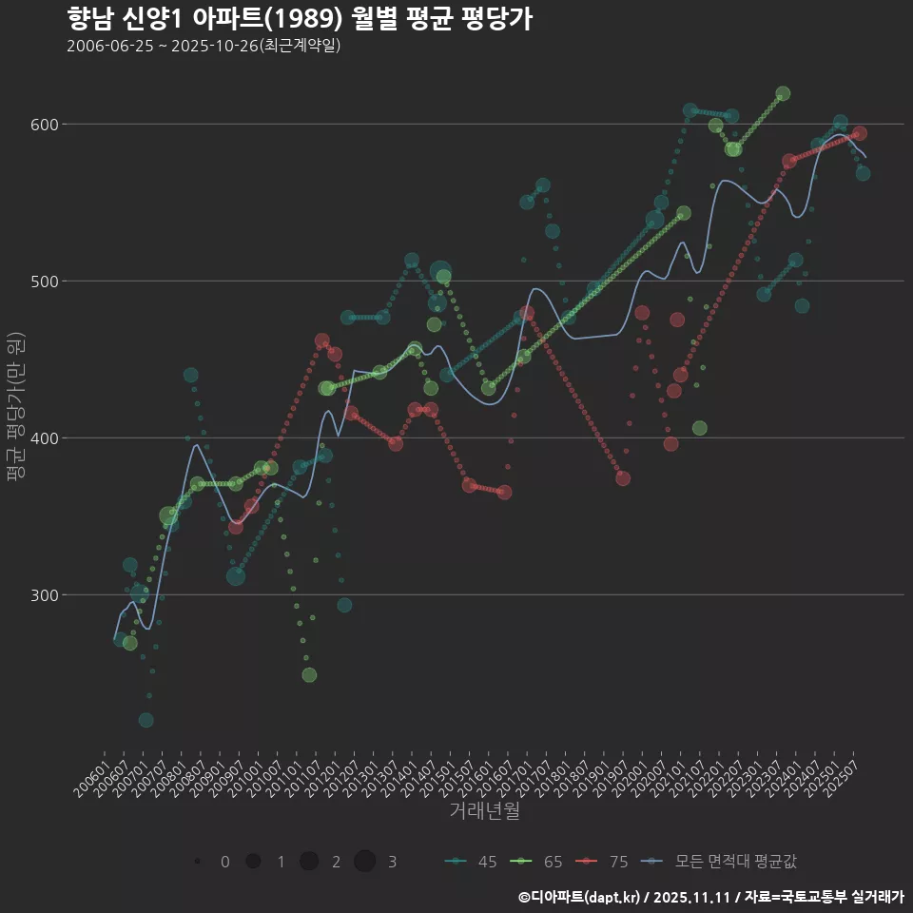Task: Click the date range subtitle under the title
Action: point(204,47)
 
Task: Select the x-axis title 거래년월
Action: point(485,811)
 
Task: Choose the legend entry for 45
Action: point(473,862)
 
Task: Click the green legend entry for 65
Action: point(537,862)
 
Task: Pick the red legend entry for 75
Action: point(604,862)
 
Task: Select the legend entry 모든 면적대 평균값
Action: point(723,862)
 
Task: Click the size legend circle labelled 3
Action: point(364,862)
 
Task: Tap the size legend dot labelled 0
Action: point(197,862)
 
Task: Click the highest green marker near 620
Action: point(783,94)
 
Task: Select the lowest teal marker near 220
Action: point(146,720)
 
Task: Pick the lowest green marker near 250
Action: point(309,675)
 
